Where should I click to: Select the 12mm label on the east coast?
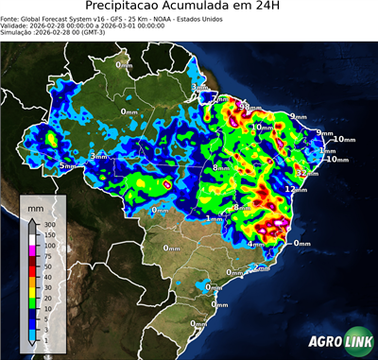click(297, 190)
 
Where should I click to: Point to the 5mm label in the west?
click(67, 166)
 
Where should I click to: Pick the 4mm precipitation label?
click(255, 244)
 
